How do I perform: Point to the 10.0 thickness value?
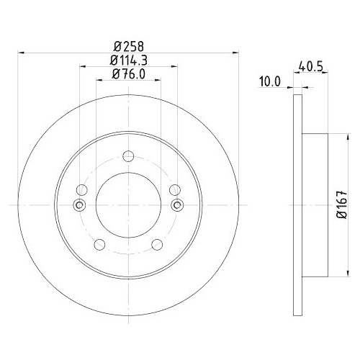point(269,82)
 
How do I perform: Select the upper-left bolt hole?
point(82,189)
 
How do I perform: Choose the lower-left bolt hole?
point(100,244)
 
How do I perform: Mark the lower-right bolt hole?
point(156,244)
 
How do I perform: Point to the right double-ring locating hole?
point(176,205)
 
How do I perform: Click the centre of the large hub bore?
point(128,205)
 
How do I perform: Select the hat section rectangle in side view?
point(315,205)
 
